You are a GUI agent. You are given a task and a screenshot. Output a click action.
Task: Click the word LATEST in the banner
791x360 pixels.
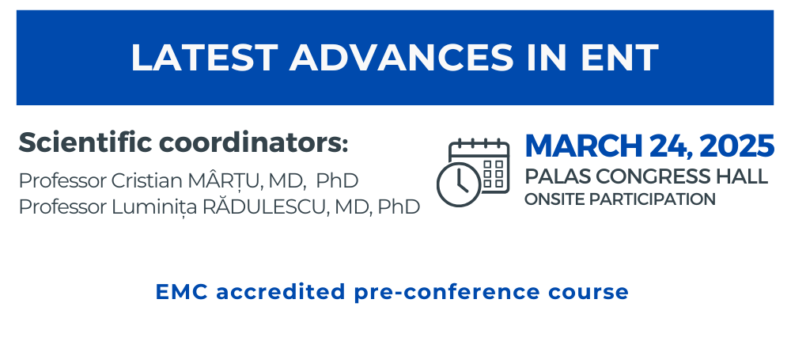point(204,58)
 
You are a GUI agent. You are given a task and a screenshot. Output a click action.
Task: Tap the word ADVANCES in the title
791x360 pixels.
point(401,58)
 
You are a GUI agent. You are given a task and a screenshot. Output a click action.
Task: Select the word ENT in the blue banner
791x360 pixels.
point(619,58)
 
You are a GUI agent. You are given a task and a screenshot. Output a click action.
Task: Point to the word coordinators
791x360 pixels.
point(254,142)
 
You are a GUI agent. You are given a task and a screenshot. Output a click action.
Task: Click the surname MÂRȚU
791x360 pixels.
point(225,180)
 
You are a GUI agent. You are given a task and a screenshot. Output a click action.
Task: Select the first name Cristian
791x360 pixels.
point(147,180)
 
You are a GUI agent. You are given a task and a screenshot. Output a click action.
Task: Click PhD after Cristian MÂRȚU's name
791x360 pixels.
point(337,180)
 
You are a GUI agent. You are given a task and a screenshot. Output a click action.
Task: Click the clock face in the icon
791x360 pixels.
point(459,184)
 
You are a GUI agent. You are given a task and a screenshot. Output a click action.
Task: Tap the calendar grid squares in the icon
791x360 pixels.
point(494,174)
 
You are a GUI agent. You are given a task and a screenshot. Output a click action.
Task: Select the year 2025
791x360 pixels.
point(736,146)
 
